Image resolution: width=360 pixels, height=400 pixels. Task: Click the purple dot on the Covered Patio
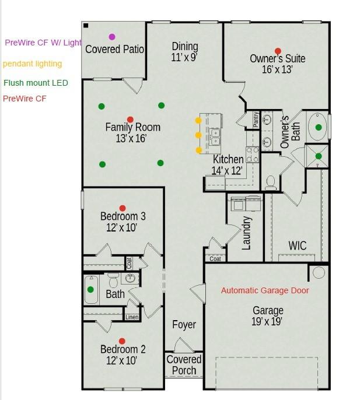(112, 37)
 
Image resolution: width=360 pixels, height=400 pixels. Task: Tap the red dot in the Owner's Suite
(278, 51)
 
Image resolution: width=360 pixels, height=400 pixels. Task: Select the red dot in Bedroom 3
(123, 208)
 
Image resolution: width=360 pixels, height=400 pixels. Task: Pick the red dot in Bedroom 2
(122, 341)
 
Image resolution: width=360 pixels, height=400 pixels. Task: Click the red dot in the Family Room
(130, 120)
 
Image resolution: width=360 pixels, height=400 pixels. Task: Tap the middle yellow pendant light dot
(198, 135)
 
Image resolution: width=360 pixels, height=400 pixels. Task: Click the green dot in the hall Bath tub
(90, 289)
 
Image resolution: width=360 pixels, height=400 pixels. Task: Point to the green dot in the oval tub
(319, 127)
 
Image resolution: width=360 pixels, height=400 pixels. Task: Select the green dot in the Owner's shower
(319, 156)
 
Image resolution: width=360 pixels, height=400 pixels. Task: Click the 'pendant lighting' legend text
(33, 64)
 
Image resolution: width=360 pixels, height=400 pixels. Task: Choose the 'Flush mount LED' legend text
(36, 83)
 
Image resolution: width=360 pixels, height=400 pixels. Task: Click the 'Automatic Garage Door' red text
(265, 290)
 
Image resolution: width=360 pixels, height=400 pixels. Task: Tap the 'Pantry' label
(256, 120)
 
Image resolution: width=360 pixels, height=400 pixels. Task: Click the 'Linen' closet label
(132, 317)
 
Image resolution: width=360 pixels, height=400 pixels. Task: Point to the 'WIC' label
(298, 245)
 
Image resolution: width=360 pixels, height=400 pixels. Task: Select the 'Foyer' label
(184, 324)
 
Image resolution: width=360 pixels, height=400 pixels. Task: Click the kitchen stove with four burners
(252, 155)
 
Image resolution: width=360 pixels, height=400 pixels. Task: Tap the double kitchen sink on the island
(215, 137)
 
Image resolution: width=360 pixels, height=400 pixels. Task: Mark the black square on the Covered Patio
(86, 26)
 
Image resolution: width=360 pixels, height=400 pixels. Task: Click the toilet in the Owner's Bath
(271, 183)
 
